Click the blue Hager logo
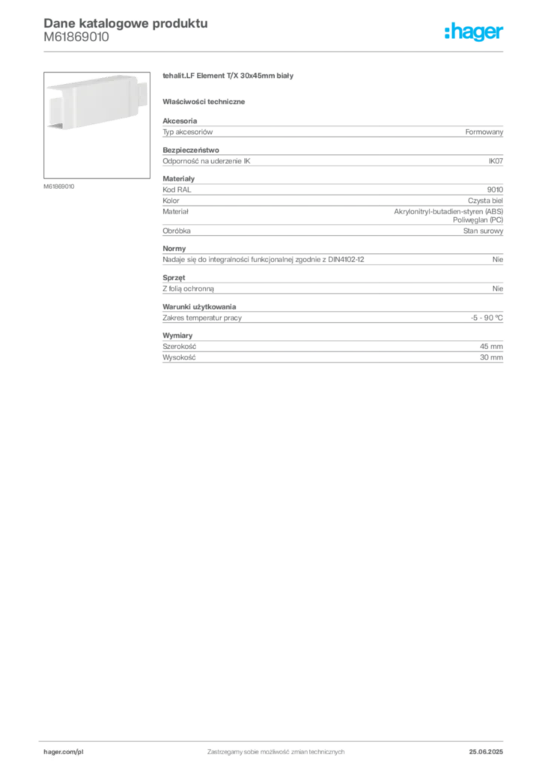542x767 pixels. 475,34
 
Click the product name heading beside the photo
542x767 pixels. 231,78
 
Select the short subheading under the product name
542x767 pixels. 206,101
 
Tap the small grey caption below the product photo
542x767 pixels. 59,185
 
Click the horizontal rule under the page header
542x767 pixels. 275,52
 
